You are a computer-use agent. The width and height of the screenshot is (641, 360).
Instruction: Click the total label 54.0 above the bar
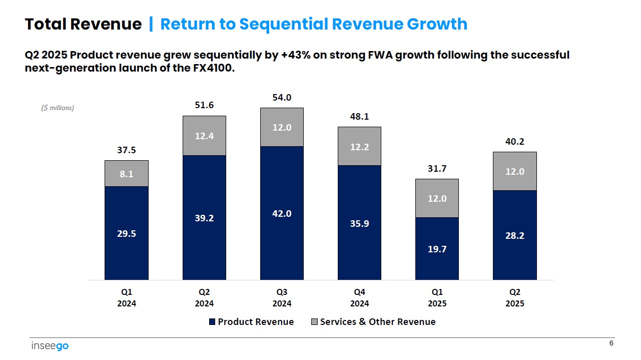[x=282, y=98]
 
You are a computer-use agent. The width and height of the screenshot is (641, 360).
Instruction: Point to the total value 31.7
[x=437, y=169]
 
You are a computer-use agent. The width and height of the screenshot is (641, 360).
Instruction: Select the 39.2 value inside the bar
[x=204, y=218]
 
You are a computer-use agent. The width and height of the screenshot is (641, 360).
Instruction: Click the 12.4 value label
[x=204, y=136]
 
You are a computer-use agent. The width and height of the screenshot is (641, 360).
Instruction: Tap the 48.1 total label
[x=359, y=117]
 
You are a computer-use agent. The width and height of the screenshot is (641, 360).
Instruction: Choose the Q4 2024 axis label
[x=359, y=297]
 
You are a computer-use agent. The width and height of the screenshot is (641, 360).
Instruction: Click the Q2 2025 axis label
[x=514, y=297]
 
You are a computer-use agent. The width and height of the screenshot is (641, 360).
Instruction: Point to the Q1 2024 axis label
[x=127, y=297]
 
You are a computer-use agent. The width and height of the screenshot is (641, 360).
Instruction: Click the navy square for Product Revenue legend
[x=213, y=322]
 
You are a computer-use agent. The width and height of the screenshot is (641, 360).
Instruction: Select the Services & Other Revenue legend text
[x=378, y=322]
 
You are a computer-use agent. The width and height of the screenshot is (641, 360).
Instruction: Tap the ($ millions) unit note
[x=58, y=108]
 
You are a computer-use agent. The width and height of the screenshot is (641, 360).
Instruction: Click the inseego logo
[x=50, y=346]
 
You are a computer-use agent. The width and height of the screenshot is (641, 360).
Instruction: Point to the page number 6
[x=611, y=343]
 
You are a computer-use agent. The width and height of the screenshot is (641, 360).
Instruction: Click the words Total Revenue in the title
[x=83, y=24]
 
